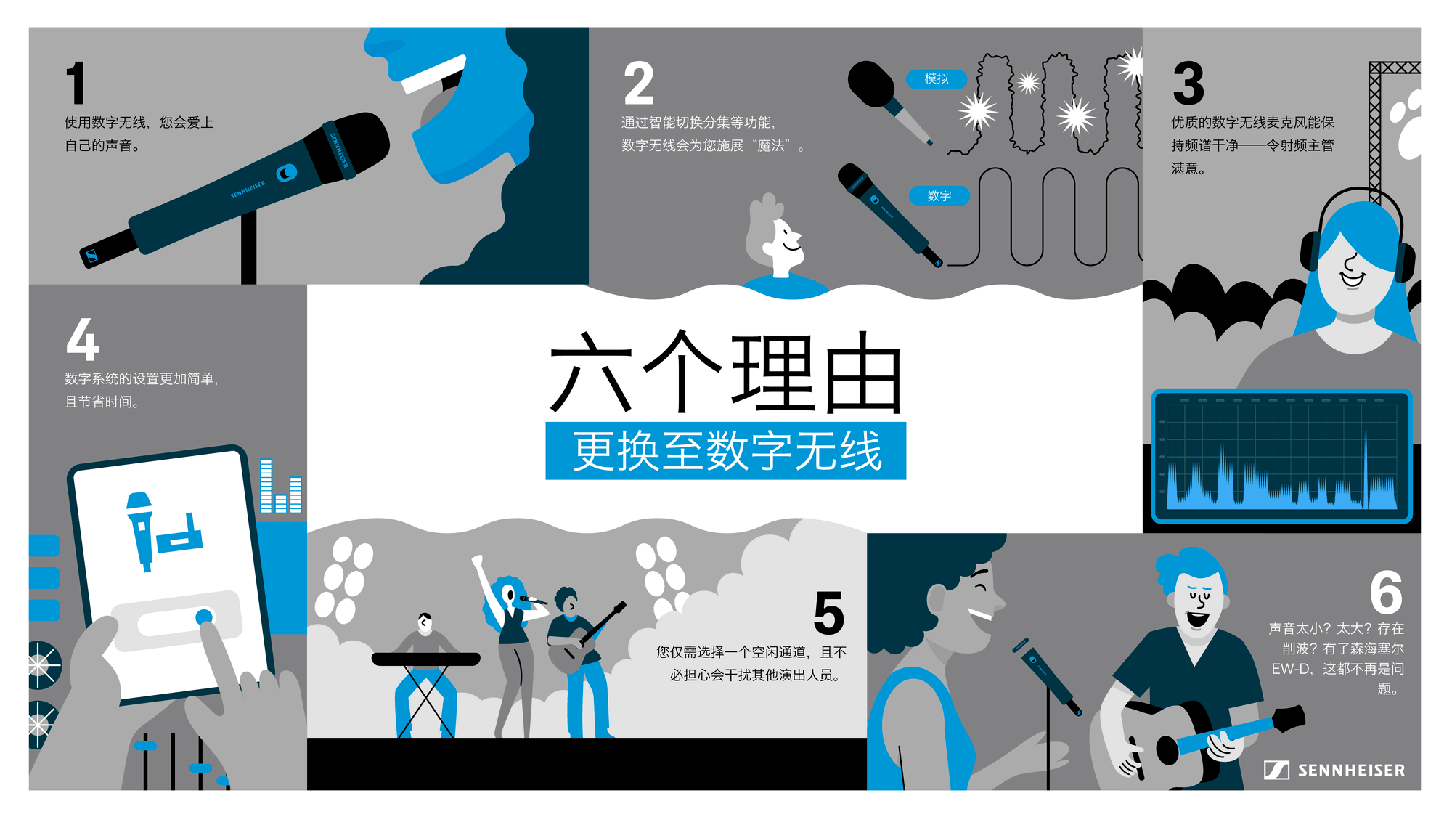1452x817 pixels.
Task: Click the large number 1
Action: pos(76,83)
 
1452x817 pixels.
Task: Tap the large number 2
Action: pos(639,84)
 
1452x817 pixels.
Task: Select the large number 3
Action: pos(1188,84)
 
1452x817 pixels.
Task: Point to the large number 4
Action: pos(83,339)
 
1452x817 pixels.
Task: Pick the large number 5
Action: pos(828,613)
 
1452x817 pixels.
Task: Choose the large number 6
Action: pos(1386,593)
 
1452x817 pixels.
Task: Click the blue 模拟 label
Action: pos(937,78)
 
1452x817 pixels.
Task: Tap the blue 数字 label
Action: pos(939,195)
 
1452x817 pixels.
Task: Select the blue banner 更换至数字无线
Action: pos(726,451)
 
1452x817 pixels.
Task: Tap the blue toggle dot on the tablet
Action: pos(204,617)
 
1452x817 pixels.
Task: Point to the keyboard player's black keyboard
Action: pos(425,659)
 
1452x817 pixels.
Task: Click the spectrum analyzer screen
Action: pos(1281,456)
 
